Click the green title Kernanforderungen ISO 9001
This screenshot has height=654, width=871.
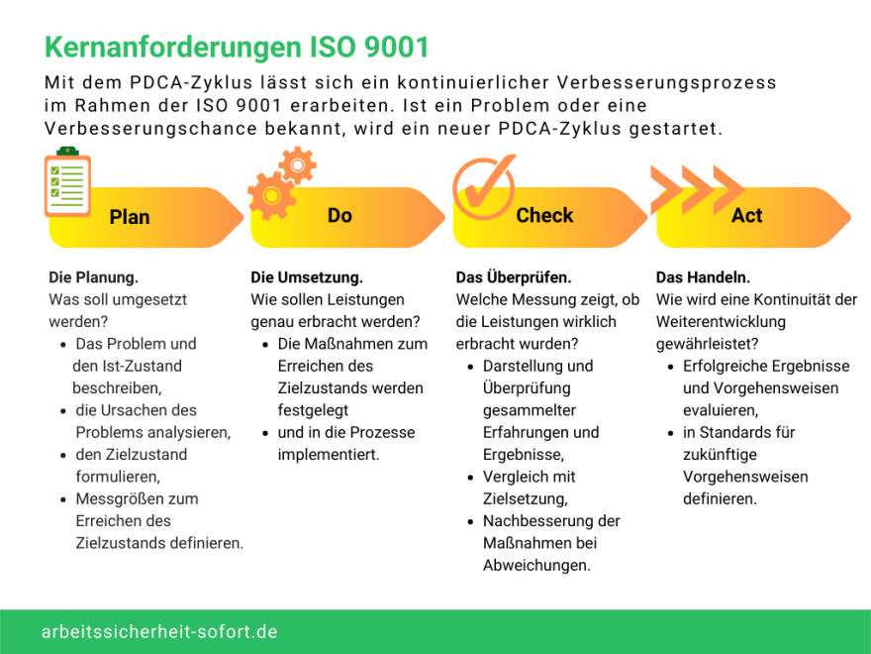coord(237,48)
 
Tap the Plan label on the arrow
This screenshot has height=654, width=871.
coord(130,217)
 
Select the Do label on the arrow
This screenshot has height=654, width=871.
coord(339,215)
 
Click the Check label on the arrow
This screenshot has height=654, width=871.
coord(544,215)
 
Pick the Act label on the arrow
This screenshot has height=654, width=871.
coord(746,215)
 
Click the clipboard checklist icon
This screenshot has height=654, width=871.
coord(67,182)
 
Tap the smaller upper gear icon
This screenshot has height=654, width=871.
coord(297,165)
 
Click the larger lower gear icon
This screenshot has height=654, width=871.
coord(271,196)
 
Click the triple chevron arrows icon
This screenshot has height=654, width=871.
coord(697,189)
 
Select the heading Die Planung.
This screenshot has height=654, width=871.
coord(93,276)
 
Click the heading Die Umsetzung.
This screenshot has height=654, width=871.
coord(307,276)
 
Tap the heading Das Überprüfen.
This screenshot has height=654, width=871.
coord(514,276)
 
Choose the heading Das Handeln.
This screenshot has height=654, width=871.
coord(703,276)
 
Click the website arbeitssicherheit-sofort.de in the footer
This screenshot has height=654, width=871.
coord(159,632)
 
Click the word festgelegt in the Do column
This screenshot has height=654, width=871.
coord(314,410)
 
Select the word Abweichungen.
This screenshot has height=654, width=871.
coord(536,566)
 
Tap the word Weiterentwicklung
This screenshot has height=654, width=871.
coord(721,322)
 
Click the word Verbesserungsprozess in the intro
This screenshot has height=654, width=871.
coord(666,82)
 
